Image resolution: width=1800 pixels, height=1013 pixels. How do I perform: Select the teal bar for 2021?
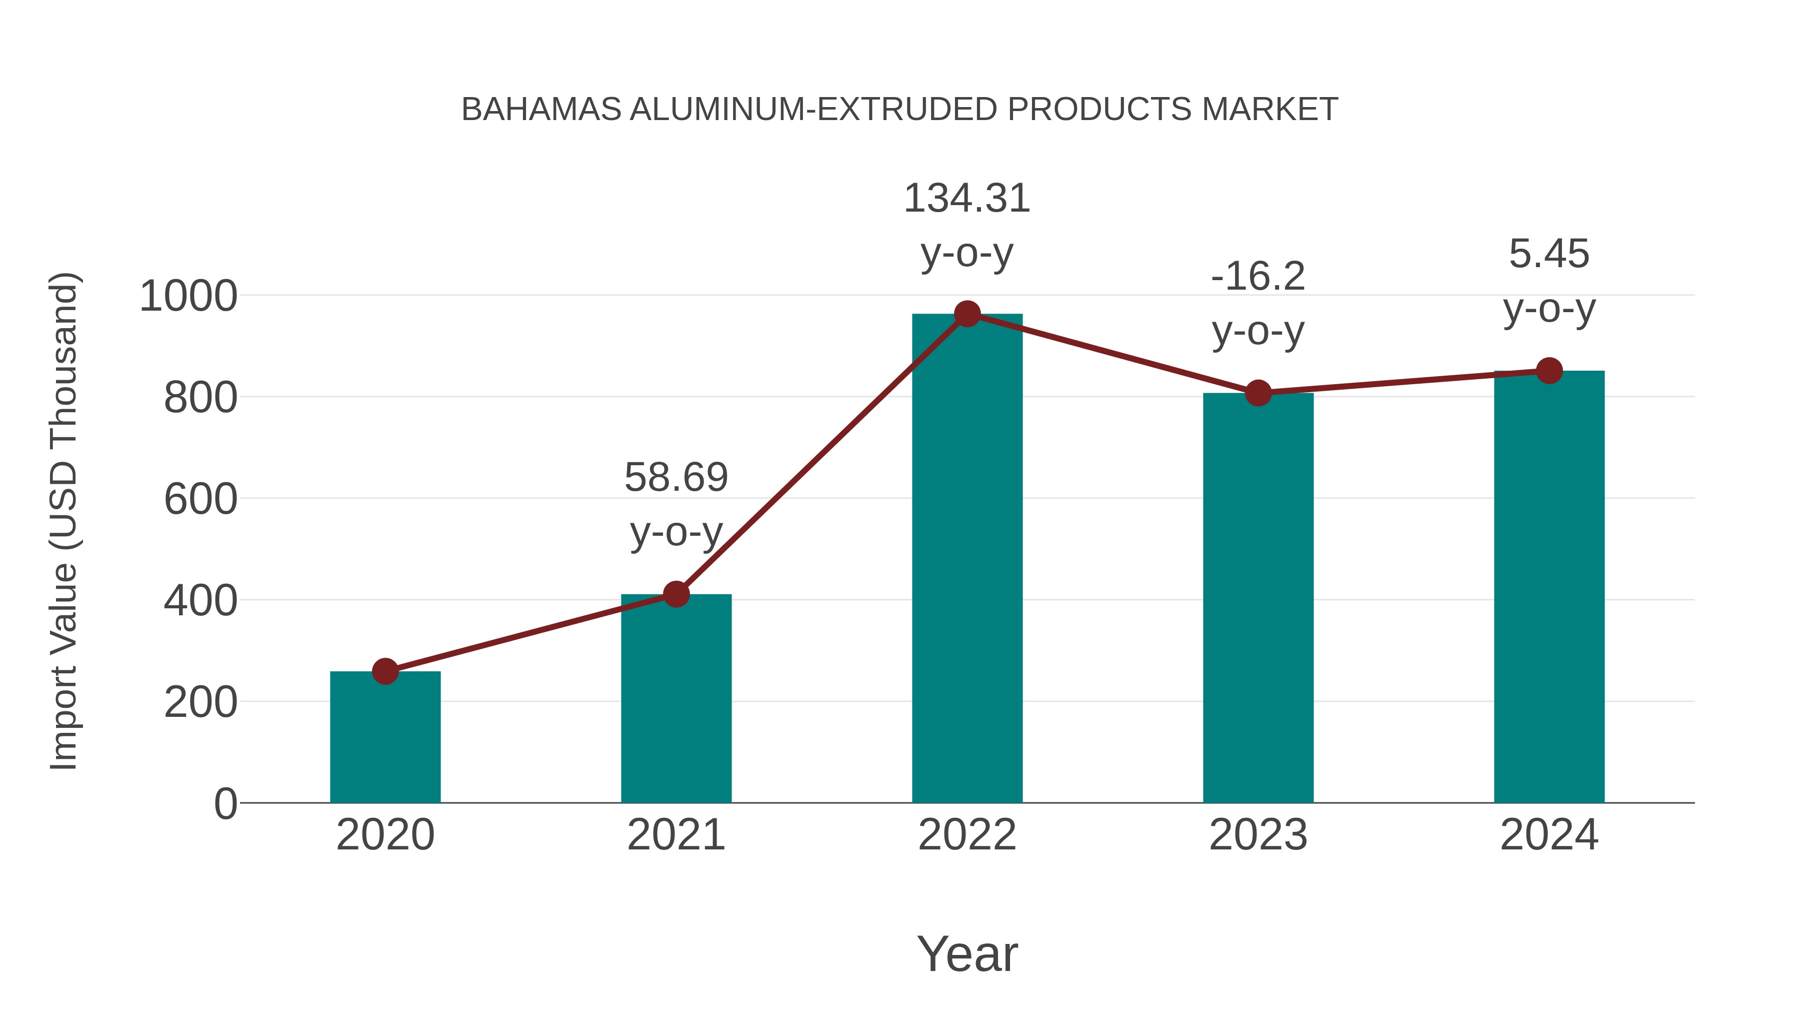[x=675, y=699]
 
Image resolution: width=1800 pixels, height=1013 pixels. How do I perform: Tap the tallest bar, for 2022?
[x=967, y=559]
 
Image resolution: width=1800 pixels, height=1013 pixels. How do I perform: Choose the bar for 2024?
[x=1549, y=587]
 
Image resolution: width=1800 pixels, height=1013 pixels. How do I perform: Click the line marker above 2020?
[x=385, y=671]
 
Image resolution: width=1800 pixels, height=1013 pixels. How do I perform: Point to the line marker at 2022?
[x=967, y=314]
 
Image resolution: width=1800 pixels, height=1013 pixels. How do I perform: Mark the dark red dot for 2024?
[x=1549, y=371]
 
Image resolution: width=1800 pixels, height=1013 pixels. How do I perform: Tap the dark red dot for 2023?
[x=1258, y=393]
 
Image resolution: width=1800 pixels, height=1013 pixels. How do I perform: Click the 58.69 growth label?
[x=675, y=478]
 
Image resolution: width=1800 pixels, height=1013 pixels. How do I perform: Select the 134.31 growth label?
[x=967, y=199]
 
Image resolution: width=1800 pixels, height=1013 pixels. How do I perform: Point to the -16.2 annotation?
[x=1258, y=277]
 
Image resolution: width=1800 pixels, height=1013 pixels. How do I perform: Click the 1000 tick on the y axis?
[x=188, y=297]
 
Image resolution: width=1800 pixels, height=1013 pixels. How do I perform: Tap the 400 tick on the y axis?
[x=200, y=600]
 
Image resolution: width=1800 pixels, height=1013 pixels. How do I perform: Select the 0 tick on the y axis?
[x=225, y=803]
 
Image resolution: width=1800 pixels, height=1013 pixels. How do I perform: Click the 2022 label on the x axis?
[x=967, y=835]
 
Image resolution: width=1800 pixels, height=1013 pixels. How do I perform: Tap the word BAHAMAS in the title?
[x=541, y=110]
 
